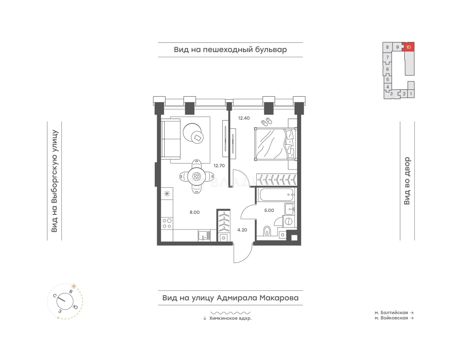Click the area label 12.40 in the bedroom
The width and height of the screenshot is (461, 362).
244,118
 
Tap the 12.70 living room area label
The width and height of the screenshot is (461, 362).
219,166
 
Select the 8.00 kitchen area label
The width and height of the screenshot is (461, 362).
194,212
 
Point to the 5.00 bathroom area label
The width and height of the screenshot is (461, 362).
269,210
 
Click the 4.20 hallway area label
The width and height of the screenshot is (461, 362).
242,230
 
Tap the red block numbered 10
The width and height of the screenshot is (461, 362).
408,47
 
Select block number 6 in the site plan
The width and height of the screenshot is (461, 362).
387,69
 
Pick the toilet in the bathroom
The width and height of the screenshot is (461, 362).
267,231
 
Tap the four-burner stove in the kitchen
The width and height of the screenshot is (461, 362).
167,223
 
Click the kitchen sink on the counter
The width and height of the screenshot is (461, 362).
204,235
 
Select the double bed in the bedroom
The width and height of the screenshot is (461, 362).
276,144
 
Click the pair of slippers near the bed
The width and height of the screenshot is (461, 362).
267,122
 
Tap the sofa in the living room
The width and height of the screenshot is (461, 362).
171,139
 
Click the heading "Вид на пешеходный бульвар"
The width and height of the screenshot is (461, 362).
230,50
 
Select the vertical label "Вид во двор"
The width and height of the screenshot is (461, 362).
407,181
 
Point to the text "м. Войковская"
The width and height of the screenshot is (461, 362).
391,318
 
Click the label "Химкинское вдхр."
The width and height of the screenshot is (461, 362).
230,318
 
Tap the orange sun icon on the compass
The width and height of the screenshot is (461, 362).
74,286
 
